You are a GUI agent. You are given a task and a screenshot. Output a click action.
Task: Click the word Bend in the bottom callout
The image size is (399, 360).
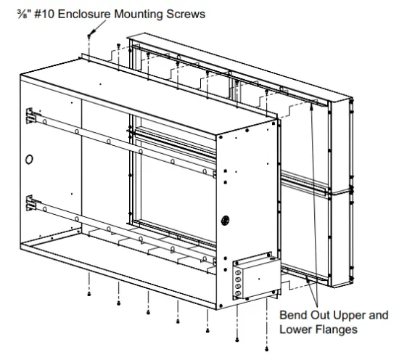[x=292, y=316]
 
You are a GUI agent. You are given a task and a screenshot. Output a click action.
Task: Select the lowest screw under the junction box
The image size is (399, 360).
[x=238, y=339]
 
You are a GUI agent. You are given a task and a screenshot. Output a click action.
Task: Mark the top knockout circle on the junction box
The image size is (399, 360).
[x=236, y=267]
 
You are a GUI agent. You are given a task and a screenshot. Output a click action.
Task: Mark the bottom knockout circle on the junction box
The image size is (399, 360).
[x=236, y=294]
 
